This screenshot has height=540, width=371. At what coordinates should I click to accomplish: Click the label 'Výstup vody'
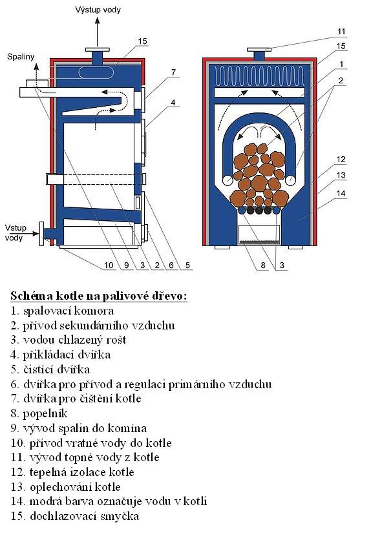[98, 10]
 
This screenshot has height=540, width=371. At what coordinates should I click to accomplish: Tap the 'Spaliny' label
[21, 57]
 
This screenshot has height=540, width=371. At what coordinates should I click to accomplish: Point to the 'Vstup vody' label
[16, 233]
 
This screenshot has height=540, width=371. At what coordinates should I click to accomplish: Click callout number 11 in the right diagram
[341, 32]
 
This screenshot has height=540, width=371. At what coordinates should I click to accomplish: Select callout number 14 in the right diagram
[341, 194]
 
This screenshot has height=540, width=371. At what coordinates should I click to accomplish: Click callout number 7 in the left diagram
[173, 72]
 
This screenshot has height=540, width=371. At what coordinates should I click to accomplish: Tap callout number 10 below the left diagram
[109, 265]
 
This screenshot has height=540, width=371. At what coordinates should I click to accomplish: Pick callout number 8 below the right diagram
[263, 265]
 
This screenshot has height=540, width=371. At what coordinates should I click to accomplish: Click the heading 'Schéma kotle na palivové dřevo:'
[98, 296]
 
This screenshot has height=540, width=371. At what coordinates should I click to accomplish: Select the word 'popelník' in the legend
[45, 413]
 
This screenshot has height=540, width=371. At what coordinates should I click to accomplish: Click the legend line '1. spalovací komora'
[62, 311]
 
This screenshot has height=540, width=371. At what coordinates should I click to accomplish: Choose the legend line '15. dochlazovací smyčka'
[75, 516]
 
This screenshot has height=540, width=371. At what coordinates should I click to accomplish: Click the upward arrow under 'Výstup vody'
[98, 32]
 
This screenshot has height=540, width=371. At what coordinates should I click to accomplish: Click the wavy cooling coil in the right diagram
[259, 76]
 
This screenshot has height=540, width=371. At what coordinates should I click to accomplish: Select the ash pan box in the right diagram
[259, 234]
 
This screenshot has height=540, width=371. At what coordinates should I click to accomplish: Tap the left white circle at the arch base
[228, 180]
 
